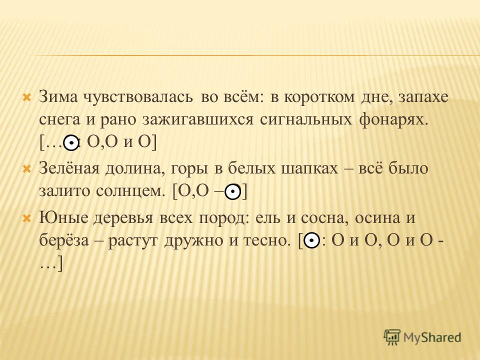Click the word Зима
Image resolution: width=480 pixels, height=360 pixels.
click(x=58, y=97)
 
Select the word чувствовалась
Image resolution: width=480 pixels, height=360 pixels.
click(x=138, y=97)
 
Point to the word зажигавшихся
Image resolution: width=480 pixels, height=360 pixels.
click(x=198, y=119)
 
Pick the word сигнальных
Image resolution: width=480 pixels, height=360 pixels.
click(x=306, y=119)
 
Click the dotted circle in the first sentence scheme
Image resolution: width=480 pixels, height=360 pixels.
click(x=71, y=142)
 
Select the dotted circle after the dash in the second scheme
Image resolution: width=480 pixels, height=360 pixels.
click(x=233, y=192)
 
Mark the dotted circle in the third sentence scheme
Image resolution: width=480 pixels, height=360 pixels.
click(x=311, y=240)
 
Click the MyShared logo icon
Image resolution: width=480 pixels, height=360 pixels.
click(x=392, y=337)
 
